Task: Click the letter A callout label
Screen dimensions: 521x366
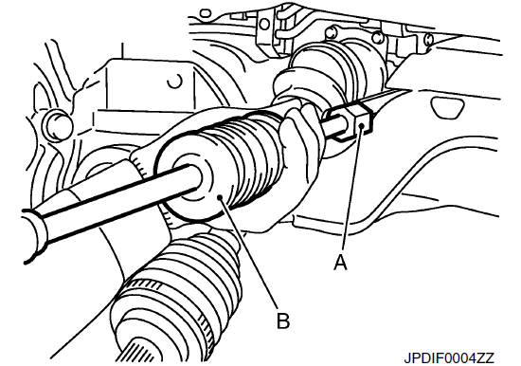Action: click(340, 263)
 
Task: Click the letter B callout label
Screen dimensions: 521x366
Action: click(283, 320)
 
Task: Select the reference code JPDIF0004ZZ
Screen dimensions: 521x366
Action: click(449, 357)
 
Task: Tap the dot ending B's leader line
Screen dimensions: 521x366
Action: click(220, 198)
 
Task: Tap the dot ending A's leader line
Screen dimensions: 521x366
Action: click(362, 125)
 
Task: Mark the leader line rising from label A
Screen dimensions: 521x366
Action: click(351, 190)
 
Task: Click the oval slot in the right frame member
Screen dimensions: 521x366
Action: click(447, 107)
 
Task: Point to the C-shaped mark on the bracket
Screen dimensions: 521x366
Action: click(175, 82)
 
